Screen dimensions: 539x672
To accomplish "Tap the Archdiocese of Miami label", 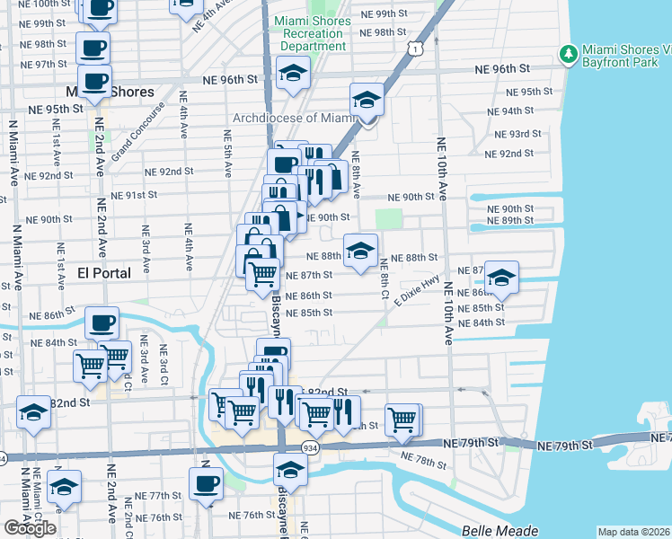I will click(295, 118).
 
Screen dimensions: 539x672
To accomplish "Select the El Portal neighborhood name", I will click(104, 272).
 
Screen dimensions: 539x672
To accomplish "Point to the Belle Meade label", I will click(500, 531).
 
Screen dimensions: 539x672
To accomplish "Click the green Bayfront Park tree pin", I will click(568, 55).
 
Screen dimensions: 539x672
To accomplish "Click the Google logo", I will click(30, 528).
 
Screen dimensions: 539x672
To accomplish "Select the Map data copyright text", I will click(633, 532).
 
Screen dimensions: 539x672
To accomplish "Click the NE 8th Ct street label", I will click(384, 279).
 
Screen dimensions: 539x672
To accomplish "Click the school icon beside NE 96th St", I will click(293, 73).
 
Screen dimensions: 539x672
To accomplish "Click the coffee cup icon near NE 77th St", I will click(206, 483).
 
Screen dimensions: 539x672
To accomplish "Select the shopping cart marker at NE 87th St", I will click(262, 273).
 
